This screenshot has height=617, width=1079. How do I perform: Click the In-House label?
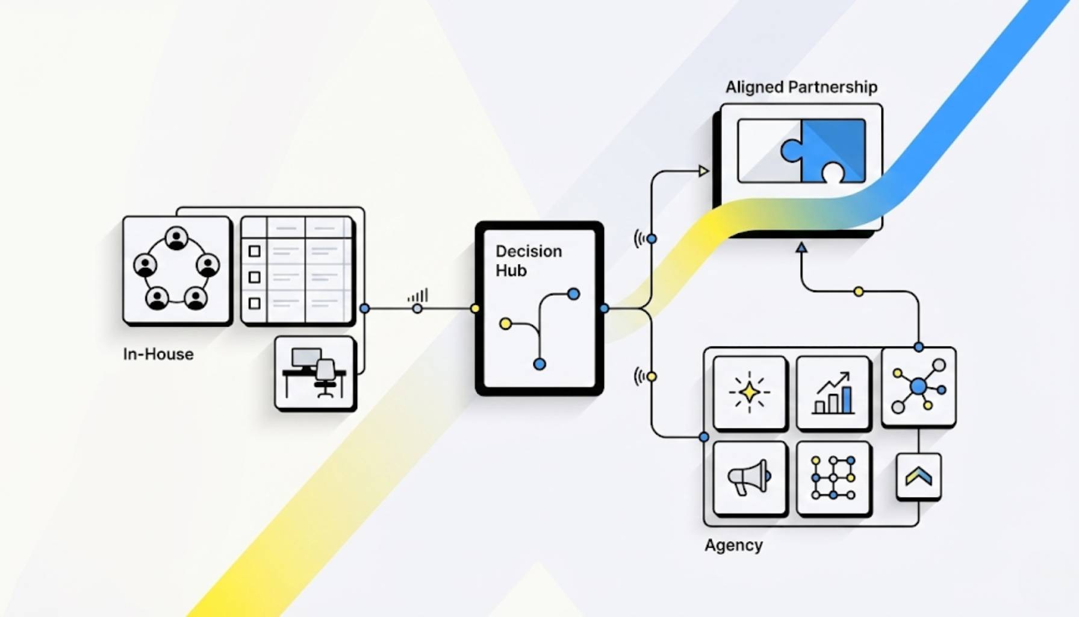point(158,354)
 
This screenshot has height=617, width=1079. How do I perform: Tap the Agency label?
point(733,545)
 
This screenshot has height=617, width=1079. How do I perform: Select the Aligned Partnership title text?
point(801,87)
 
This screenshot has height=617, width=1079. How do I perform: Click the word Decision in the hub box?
point(528,251)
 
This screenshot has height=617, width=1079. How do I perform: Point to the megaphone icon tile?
point(750,478)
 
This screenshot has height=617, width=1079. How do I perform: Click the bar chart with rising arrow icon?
point(833,393)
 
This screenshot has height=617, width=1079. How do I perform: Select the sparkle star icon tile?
point(750,393)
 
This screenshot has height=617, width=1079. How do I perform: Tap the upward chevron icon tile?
point(918,477)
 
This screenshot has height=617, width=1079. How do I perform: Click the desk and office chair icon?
point(315,373)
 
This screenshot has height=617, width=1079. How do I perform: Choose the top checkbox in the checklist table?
point(255,251)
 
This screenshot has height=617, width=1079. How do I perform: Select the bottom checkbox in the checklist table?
point(255,303)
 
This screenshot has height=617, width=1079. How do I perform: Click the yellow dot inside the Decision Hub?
point(505,324)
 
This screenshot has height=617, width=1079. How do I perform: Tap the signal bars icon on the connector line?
point(418,296)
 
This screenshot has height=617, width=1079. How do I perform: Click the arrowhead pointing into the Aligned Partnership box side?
point(703,171)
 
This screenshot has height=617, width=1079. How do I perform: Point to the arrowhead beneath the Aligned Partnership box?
point(801,247)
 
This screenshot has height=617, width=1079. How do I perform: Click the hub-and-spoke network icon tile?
point(918,386)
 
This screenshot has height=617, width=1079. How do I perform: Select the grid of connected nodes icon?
point(833,478)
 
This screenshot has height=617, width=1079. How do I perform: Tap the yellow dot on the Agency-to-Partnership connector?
point(859,292)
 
